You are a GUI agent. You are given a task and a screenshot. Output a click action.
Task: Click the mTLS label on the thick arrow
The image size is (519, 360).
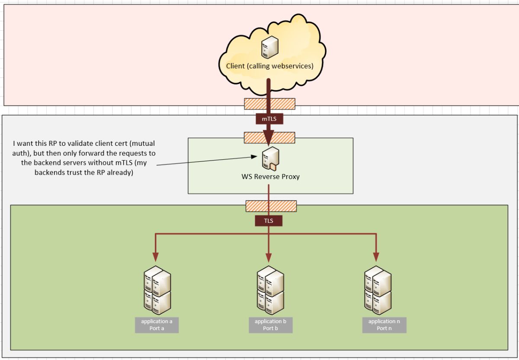pos(269,119)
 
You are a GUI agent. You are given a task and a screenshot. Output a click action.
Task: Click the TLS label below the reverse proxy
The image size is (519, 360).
pos(269,221)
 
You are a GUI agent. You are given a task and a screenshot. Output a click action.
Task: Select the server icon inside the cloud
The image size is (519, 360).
pos(270,47)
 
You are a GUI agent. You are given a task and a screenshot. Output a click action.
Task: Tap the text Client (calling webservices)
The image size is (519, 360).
pos(270,66)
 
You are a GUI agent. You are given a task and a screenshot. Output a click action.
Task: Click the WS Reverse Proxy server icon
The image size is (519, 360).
pos(270,159)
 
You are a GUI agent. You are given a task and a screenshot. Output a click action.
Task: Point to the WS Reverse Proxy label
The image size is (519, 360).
pos(270,177)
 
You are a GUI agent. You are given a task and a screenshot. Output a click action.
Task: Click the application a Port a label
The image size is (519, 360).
pos(157,325)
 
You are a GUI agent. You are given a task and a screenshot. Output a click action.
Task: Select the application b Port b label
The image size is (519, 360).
pos(270,325)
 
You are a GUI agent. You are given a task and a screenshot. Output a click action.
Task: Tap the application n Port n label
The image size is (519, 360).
pos(384,325)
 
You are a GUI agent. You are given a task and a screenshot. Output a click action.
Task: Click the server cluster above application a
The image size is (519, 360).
pos(157,290)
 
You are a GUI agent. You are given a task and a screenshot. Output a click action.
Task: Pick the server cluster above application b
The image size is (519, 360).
pos(270,290)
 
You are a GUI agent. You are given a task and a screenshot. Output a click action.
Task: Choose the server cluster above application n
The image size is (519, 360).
pos(378,290)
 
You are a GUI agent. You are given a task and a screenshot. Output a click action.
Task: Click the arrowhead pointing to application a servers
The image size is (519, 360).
pos(155,257)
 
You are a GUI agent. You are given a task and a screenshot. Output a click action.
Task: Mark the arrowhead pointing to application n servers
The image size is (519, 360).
pos(376,257)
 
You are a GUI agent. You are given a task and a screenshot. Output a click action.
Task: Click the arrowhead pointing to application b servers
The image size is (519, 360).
pos(269,258)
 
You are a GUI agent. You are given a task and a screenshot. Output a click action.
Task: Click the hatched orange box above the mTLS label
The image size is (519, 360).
pos(270,104)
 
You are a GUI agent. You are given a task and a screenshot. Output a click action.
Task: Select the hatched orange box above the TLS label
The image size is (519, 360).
pos(271,206)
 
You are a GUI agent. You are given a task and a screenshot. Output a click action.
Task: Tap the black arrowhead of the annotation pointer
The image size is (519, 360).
pos(254,157)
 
